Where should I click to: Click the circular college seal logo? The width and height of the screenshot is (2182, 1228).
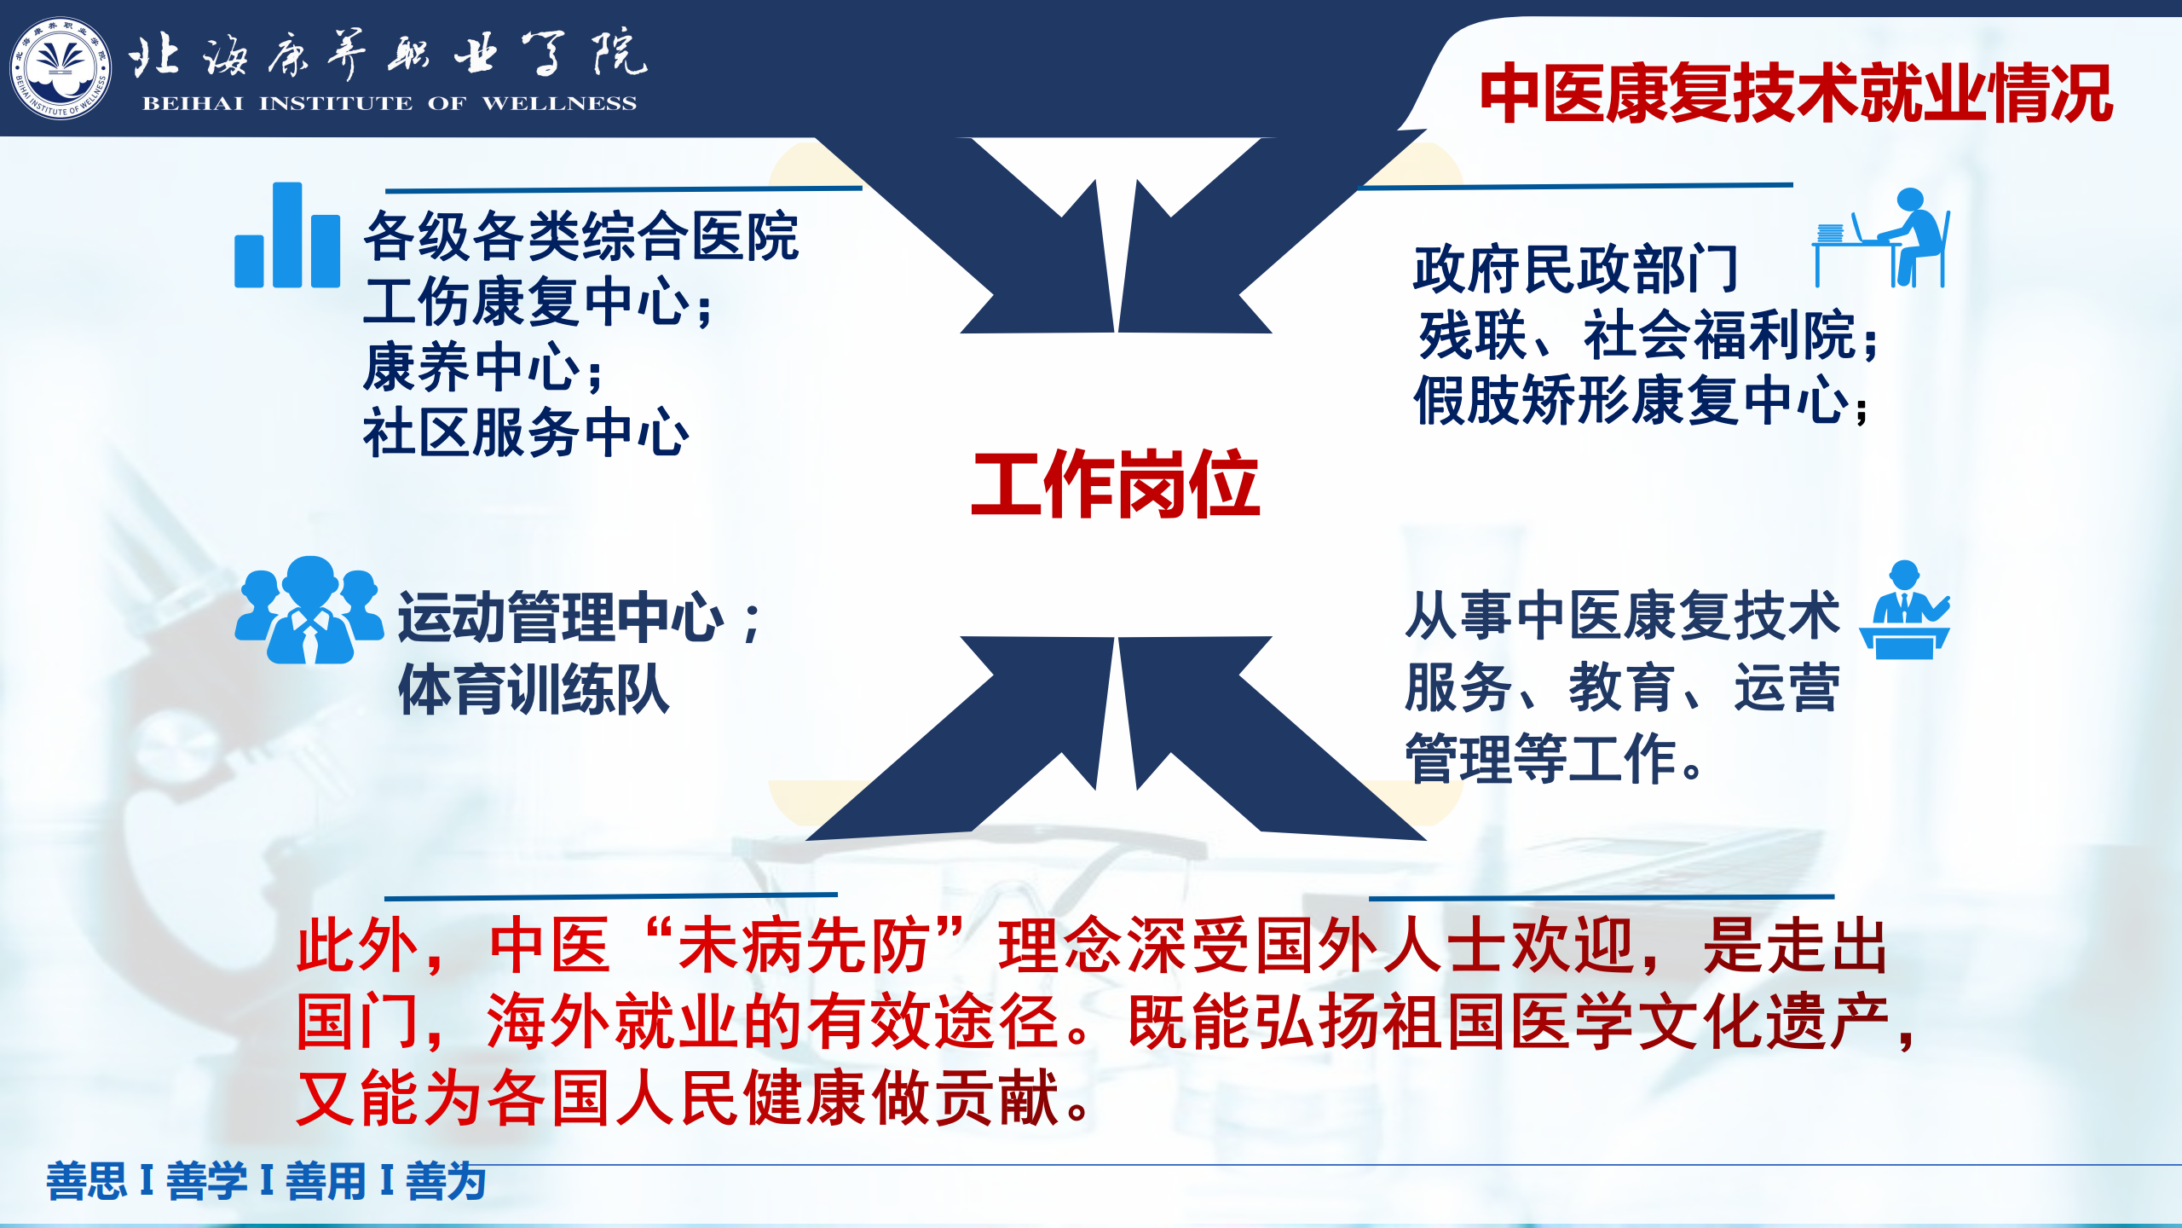(61, 69)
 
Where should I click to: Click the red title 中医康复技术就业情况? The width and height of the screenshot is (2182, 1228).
(1796, 94)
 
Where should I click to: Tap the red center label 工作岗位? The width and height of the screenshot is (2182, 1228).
(1115, 484)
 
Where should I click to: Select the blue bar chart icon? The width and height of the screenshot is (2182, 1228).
(287, 235)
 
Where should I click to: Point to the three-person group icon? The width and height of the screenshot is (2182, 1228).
(309, 610)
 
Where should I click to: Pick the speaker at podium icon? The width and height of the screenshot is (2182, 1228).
(1905, 610)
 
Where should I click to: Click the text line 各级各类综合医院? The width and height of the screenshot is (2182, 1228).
(580, 236)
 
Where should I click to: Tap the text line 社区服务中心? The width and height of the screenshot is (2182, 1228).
(526, 432)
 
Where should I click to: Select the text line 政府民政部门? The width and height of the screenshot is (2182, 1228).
(1576, 269)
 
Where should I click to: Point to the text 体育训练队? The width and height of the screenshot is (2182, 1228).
(534, 690)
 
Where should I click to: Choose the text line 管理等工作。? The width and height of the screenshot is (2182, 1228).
(1554, 758)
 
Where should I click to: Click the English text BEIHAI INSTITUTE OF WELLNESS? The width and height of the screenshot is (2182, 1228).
(390, 103)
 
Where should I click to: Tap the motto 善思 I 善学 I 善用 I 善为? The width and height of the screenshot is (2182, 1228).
(266, 1181)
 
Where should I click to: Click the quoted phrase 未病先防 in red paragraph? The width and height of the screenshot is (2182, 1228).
(804, 946)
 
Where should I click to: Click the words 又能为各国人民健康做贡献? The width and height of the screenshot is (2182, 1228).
(678, 1098)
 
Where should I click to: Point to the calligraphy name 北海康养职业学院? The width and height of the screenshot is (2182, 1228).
(388, 53)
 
